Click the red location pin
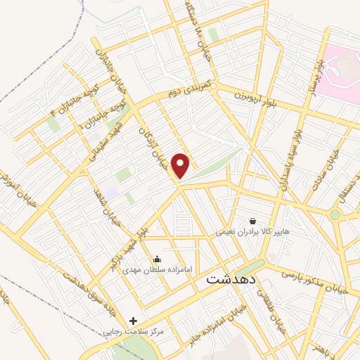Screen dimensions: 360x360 point(181,165)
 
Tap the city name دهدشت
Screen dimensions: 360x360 point(232,279)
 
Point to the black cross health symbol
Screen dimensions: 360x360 point(134,321)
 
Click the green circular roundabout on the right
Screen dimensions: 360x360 point(335,214)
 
